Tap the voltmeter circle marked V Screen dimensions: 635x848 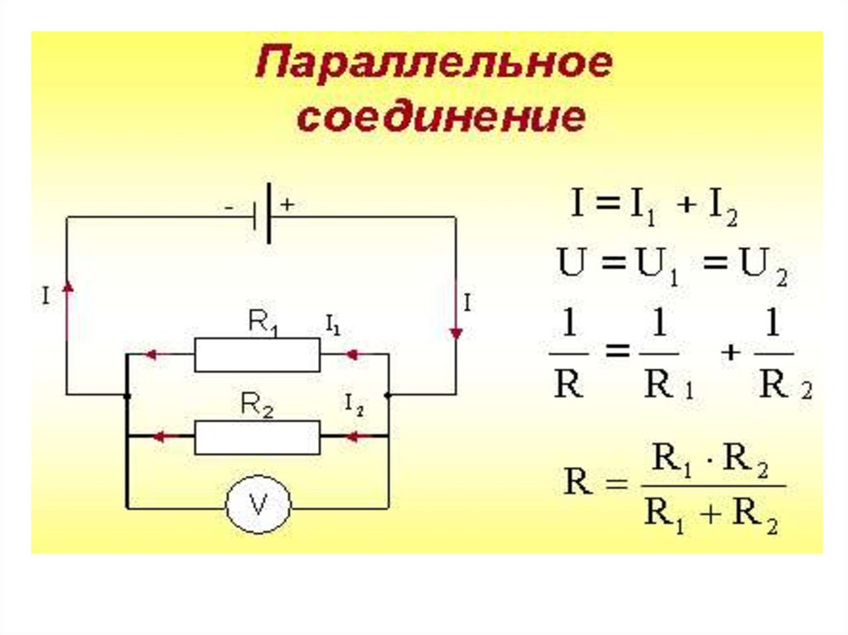(x=258, y=505)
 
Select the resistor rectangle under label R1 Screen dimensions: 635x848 (x=257, y=354)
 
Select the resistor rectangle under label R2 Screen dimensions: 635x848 (x=257, y=436)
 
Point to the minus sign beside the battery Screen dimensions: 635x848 (x=228, y=207)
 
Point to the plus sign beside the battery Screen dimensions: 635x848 (x=287, y=205)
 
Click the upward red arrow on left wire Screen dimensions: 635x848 (x=67, y=286)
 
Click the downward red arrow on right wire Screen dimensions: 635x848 (x=455, y=333)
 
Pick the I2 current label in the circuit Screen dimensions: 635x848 (x=354, y=404)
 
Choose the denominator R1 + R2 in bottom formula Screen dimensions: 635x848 (x=711, y=519)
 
